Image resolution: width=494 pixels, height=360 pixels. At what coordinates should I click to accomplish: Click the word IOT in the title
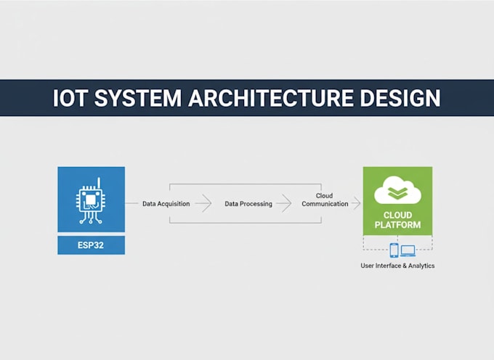pos(69,98)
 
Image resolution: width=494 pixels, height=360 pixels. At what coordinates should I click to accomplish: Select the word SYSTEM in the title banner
pos(138,98)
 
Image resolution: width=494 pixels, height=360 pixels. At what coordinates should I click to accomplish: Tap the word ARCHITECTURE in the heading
pos(270,98)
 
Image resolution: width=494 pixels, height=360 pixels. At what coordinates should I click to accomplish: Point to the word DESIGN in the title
pos(400,98)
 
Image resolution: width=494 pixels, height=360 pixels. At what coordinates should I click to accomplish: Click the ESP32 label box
pos(91,245)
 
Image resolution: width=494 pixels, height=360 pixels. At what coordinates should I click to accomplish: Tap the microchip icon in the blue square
pos(91,200)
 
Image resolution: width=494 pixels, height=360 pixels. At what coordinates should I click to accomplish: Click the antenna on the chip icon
pos(99,182)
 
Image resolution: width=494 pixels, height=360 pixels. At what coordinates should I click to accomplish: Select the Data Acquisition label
pos(166,204)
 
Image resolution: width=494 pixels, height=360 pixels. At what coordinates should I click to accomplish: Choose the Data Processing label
pos(248,204)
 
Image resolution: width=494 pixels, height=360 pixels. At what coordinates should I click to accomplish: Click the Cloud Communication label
pos(325,200)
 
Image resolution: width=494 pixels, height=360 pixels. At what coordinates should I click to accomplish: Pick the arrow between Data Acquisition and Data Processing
pos(203,203)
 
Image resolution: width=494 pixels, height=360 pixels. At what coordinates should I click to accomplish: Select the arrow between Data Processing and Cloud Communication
pos(284,203)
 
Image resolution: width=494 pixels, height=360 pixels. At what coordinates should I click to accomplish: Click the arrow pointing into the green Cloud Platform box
pos(356,203)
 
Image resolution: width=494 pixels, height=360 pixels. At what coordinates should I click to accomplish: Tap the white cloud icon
pos(397,190)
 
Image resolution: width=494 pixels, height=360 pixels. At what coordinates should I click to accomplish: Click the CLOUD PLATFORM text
pos(397,220)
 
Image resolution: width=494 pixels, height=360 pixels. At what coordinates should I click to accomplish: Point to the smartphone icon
pos(394,250)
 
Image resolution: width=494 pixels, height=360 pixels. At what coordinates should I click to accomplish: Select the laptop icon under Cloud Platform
pos(408,251)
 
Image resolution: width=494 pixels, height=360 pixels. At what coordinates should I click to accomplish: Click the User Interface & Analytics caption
pos(397,266)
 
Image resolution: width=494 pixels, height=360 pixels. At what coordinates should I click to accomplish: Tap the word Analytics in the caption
pos(421,266)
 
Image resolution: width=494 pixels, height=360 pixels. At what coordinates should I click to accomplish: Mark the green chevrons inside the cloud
pos(397,192)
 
